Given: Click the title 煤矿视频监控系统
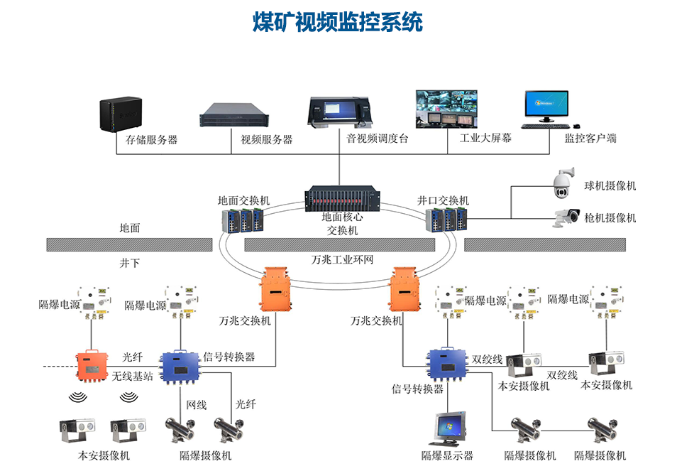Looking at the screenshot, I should coord(338,22).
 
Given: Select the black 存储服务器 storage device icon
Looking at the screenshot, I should coord(116,114).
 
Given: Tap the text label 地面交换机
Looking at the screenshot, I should coord(243,201).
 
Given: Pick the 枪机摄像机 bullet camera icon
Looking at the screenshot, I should coord(567,217).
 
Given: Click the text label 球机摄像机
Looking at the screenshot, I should coord(610,186).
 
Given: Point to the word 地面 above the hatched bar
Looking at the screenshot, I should coord(130,228).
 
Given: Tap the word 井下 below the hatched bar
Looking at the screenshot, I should coord(130,263).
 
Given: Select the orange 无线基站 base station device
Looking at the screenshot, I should coord(90,365).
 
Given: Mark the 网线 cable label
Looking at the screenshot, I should coord(196,404).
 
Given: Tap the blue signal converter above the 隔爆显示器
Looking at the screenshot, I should coord(446,364).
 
